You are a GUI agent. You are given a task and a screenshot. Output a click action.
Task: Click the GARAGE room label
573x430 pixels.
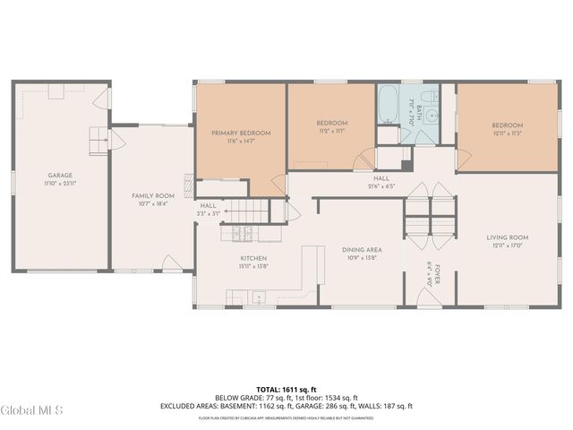click(60, 175)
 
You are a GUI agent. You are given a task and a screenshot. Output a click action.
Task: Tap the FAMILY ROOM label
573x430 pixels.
click(152, 195)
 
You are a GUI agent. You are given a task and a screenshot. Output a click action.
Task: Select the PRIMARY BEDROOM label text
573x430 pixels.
click(240, 133)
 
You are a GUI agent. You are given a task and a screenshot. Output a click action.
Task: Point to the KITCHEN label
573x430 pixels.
click(253, 258)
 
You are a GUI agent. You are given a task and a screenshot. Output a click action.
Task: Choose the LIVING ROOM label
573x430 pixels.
click(508, 237)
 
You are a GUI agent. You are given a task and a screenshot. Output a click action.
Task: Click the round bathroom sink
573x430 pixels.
click(430, 116)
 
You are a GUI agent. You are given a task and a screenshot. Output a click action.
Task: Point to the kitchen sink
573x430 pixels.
click(261, 297)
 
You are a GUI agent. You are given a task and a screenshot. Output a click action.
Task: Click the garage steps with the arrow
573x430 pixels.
click(98, 140)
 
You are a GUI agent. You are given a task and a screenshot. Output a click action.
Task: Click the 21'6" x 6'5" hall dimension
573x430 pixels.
click(381, 187)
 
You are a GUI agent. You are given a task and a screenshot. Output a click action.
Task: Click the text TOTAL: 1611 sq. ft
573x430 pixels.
click(286, 390)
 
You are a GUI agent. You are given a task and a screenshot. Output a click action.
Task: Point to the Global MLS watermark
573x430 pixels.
click(32, 411)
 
